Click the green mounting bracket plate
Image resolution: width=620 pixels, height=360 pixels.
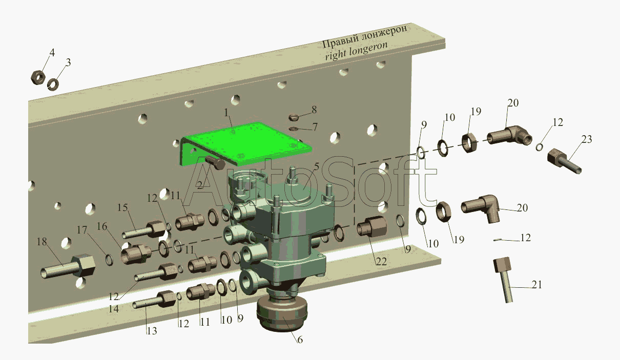click(246, 142)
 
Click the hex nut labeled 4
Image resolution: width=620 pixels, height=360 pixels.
click(37, 77)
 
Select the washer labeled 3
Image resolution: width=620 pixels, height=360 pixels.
click(52, 84)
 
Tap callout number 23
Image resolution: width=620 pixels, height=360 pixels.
click(586, 139)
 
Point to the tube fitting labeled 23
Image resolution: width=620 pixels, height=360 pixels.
click(564, 161)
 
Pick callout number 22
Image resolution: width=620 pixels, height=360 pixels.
click(381, 261)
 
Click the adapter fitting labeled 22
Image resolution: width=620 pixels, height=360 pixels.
click(371, 226)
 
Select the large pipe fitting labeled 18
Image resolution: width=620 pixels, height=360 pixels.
click(68, 267)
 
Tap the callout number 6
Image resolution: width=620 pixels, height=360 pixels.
click(300, 339)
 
